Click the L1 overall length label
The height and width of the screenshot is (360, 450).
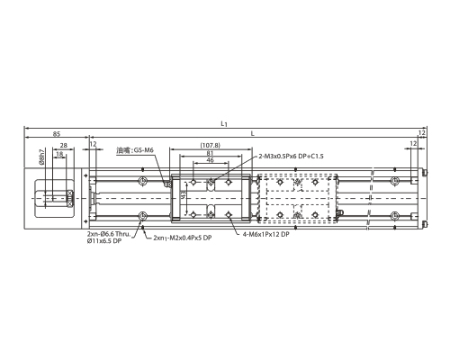click(224, 123)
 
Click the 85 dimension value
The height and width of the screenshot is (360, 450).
click(57, 134)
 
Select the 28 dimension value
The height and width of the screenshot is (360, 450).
click(64, 146)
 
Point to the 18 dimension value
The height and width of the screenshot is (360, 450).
click(59, 154)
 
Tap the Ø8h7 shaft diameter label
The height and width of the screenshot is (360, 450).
click(41, 157)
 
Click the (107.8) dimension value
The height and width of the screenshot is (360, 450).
click(210, 145)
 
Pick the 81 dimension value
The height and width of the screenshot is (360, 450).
click(210, 153)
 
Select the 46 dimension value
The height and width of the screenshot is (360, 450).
click(211, 160)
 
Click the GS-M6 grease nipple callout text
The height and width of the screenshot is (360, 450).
click(143, 150)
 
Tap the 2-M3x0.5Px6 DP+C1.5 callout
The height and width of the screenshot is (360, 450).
click(291, 156)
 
